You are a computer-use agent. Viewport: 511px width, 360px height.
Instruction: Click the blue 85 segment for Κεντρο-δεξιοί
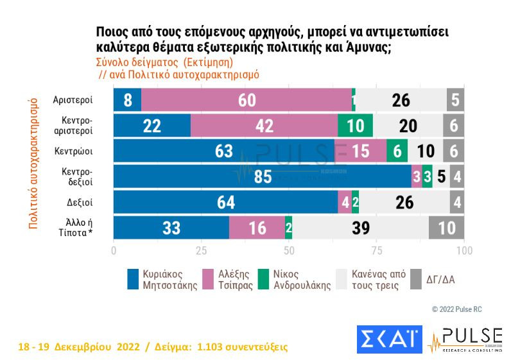pos(263,176)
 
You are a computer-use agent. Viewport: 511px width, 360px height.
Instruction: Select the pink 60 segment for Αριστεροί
pos(247,100)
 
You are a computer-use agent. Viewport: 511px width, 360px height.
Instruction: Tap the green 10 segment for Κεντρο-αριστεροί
pos(355,126)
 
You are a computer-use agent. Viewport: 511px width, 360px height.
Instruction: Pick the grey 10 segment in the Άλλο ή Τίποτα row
pos(446,228)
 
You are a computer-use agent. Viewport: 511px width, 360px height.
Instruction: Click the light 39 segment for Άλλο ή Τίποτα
pos(360,228)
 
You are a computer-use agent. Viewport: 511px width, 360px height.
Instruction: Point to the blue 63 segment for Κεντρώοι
pos(224,151)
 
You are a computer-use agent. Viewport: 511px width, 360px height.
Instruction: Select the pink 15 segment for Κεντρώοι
pos(360,151)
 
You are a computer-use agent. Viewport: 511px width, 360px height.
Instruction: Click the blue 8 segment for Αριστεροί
pos(127,100)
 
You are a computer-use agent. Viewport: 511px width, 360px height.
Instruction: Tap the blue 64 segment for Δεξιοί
pos(226,202)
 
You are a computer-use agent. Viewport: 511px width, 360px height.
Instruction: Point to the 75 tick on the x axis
pos(377,250)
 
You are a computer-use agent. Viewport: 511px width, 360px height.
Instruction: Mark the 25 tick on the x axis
pos(201,250)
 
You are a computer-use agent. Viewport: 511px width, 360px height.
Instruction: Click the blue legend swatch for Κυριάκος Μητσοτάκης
pos(134,279)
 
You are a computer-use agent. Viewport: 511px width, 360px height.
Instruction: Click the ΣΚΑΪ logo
pos(387,339)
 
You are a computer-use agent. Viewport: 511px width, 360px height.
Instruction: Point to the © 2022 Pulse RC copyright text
pos(456,310)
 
